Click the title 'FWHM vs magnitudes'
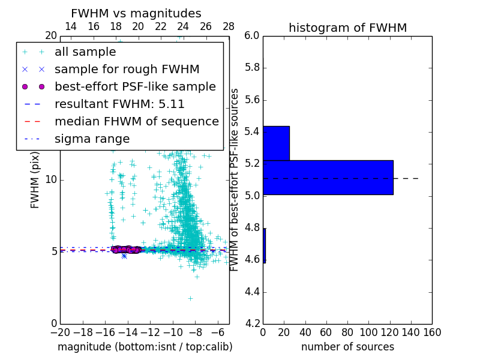[136, 13]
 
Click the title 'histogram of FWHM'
[347, 28]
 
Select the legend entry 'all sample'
[85, 52]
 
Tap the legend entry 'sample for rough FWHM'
[127, 69]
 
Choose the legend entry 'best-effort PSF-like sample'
[135, 86]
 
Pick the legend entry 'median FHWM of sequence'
[137, 121]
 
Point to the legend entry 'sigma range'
[92, 139]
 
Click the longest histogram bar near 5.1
[328, 178]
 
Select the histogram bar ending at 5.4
[276, 143]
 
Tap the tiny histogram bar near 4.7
[264, 245]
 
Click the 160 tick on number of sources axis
[432, 332]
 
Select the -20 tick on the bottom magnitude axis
[60, 332]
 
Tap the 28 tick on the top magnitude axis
[229, 26]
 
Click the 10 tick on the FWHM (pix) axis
[52, 179]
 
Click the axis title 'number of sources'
[347, 347]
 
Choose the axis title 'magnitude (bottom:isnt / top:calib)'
[145, 347]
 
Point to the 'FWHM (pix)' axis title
[35, 179]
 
